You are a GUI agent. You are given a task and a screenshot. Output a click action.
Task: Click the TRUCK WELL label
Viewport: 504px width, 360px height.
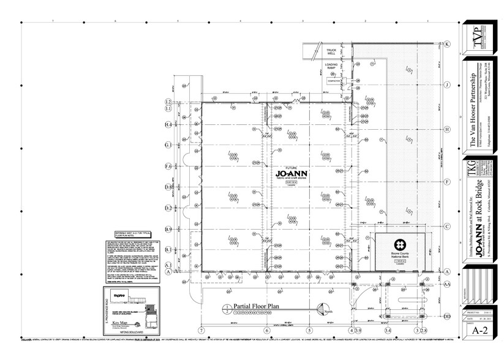click(x=331, y=51)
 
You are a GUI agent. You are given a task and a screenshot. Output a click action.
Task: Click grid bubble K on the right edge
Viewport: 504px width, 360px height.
click(x=447, y=44)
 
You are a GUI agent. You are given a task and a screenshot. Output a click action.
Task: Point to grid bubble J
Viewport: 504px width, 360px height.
click(x=447, y=85)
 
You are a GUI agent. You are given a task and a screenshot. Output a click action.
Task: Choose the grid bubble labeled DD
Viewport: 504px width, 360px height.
click(x=447, y=316)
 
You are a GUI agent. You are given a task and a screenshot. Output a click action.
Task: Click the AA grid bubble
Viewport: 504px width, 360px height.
click(x=447, y=284)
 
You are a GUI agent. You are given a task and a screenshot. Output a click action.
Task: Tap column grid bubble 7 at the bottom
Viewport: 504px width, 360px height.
click(x=200, y=331)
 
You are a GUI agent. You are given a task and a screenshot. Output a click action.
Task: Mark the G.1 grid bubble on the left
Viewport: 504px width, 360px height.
click(x=167, y=145)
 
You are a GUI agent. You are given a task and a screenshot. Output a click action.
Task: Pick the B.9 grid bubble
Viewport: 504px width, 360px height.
click(x=167, y=228)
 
